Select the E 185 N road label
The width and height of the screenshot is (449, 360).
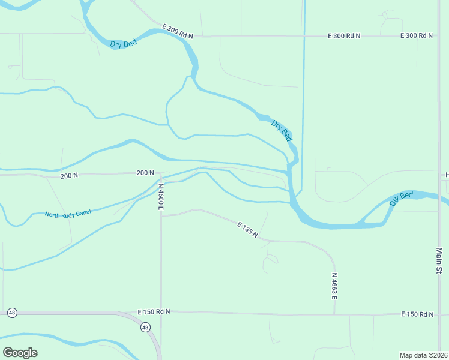click(x=247, y=229)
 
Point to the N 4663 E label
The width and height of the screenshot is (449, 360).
click(x=334, y=286)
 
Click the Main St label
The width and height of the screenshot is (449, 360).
click(x=439, y=261)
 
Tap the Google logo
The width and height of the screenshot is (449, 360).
click(x=20, y=353)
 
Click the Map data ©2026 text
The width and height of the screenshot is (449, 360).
click(x=424, y=355)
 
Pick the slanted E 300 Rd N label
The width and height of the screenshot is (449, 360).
click(x=178, y=31)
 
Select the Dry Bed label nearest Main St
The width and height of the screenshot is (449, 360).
click(x=401, y=199)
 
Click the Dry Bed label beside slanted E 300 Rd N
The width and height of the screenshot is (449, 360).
click(x=124, y=44)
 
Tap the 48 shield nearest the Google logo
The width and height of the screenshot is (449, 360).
click(x=12, y=313)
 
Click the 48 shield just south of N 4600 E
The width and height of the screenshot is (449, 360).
click(x=145, y=327)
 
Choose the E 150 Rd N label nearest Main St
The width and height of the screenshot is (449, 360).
click(x=418, y=314)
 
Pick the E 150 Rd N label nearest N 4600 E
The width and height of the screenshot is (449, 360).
click(x=154, y=312)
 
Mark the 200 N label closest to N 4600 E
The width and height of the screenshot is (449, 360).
click(x=146, y=173)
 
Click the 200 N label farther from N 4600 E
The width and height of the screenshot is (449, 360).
click(x=69, y=175)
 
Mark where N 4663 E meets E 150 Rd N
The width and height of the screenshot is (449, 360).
click(x=334, y=314)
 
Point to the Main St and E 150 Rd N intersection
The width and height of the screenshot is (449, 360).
click(x=439, y=315)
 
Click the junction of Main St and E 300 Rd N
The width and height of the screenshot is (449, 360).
click(x=439, y=36)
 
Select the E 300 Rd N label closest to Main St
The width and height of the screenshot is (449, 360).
click(x=417, y=36)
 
